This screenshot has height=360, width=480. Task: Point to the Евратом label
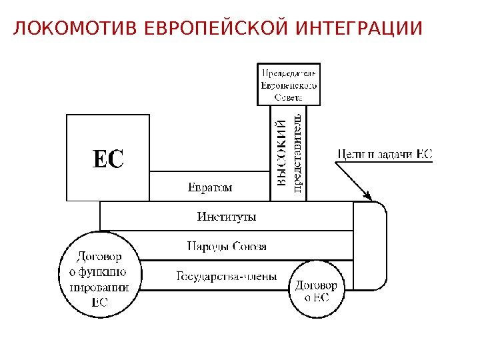[x=209, y=187]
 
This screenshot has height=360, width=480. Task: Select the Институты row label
[x=227, y=217]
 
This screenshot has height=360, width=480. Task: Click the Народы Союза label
[x=227, y=247]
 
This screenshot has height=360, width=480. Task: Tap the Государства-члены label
[x=227, y=276]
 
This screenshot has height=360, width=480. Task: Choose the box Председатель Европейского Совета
[x=289, y=83]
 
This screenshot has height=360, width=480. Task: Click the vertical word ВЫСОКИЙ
[x=282, y=152]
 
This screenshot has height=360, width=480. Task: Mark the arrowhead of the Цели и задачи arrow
[x=367, y=195]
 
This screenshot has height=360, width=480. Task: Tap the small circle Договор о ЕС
[x=317, y=291]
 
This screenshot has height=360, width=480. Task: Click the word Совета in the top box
[x=289, y=96]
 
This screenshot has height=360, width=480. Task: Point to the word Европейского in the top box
[x=289, y=85]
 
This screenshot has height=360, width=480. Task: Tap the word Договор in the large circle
[x=99, y=256]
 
